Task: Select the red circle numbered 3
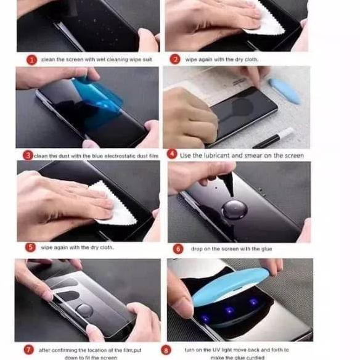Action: [28, 155]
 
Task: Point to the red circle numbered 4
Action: [172, 155]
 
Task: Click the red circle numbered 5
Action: [30, 247]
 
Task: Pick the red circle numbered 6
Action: [178, 248]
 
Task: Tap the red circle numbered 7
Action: [28, 350]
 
